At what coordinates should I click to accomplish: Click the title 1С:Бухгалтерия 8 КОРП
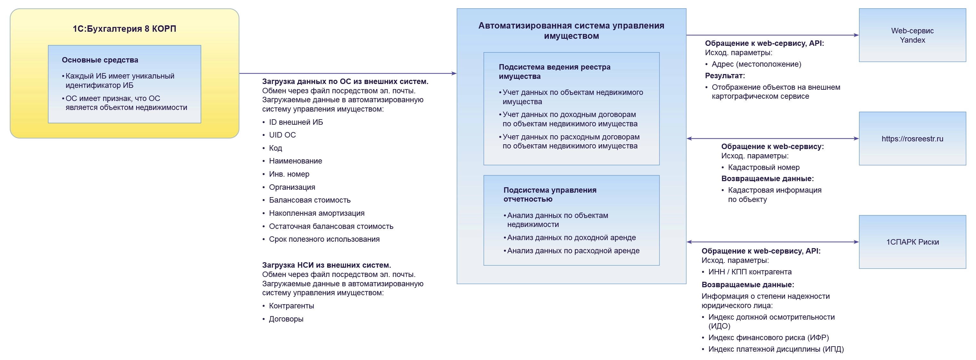pyautogui.click(x=124, y=29)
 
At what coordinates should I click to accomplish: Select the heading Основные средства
pyautogui.click(x=100, y=60)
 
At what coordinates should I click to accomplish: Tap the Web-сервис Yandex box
pyautogui.click(x=912, y=35)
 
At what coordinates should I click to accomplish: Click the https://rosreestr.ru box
pyautogui.click(x=912, y=139)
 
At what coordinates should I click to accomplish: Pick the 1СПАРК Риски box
pyautogui.click(x=912, y=242)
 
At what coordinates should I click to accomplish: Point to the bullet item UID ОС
pyautogui.click(x=282, y=135)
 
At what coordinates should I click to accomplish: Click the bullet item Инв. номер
pyautogui.click(x=289, y=174)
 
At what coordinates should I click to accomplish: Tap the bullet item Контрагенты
pyautogui.click(x=291, y=306)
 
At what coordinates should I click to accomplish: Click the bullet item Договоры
pyautogui.click(x=286, y=319)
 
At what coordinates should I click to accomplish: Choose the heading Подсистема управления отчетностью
pyautogui.click(x=550, y=194)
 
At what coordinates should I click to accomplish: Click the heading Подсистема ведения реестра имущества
pyautogui.click(x=554, y=71)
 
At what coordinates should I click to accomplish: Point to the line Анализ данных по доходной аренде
pyautogui.click(x=571, y=238)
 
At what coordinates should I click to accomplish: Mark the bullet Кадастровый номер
pyautogui.click(x=764, y=167)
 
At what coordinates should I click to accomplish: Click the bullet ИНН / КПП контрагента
pyautogui.click(x=749, y=272)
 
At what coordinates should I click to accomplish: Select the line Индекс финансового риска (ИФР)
pyautogui.click(x=768, y=337)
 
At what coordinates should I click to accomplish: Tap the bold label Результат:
pyautogui.click(x=724, y=75)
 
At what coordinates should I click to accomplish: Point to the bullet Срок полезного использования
pyautogui.click(x=324, y=239)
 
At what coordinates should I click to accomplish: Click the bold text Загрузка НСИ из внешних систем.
pyautogui.click(x=326, y=265)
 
